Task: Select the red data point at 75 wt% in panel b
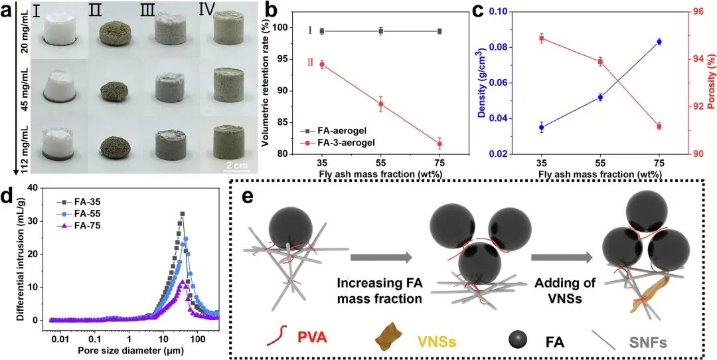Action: click(439, 143)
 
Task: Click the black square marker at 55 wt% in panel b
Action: click(381, 31)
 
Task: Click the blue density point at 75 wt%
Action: click(659, 42)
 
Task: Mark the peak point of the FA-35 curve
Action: click(182, 214)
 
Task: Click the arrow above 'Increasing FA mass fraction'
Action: click(379, 258)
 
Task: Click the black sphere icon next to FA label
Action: click(517, 339)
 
